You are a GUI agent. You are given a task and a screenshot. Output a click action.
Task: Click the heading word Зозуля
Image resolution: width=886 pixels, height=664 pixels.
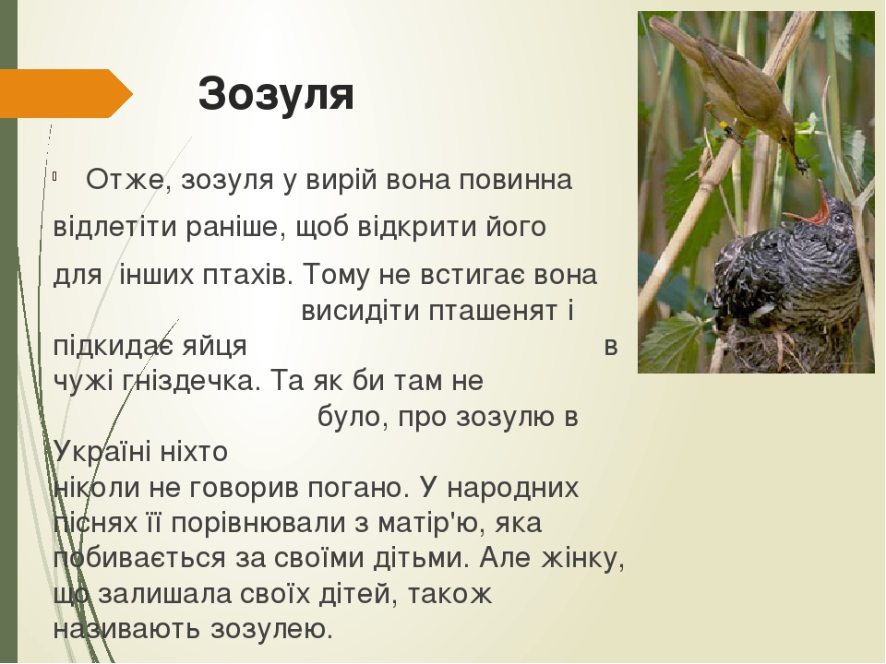pos(276,94)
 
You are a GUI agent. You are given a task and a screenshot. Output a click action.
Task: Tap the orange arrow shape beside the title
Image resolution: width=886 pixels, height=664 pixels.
pos(66,93)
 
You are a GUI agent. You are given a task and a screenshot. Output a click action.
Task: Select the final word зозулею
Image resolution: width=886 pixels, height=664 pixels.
pos(270,629)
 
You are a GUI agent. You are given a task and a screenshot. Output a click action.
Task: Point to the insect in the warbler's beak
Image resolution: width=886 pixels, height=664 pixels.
pos(801,164)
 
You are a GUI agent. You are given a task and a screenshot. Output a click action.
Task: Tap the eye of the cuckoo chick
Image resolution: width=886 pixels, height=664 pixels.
pos(839,218)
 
